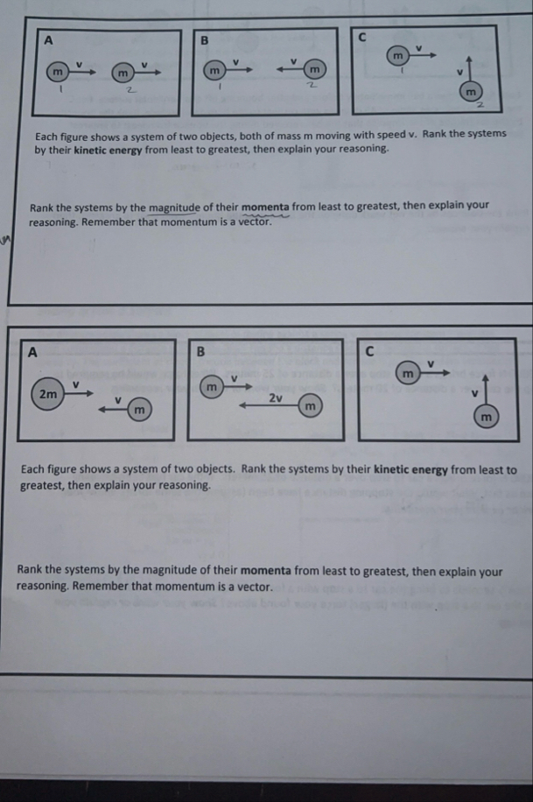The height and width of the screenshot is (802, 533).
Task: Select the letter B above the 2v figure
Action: click(x=200, y=352)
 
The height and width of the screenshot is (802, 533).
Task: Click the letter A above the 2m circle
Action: click(x=33, y=352)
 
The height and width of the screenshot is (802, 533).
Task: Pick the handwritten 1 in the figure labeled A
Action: click(x=60, y=87)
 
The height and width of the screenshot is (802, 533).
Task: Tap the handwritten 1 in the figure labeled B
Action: click(x=221, y=87)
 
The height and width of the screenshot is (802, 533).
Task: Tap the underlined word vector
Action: click(x=252, y=222)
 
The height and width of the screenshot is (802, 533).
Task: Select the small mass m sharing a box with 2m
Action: click(x=138, y=410)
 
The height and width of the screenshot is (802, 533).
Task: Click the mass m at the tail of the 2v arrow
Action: click(x=308, y=408)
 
